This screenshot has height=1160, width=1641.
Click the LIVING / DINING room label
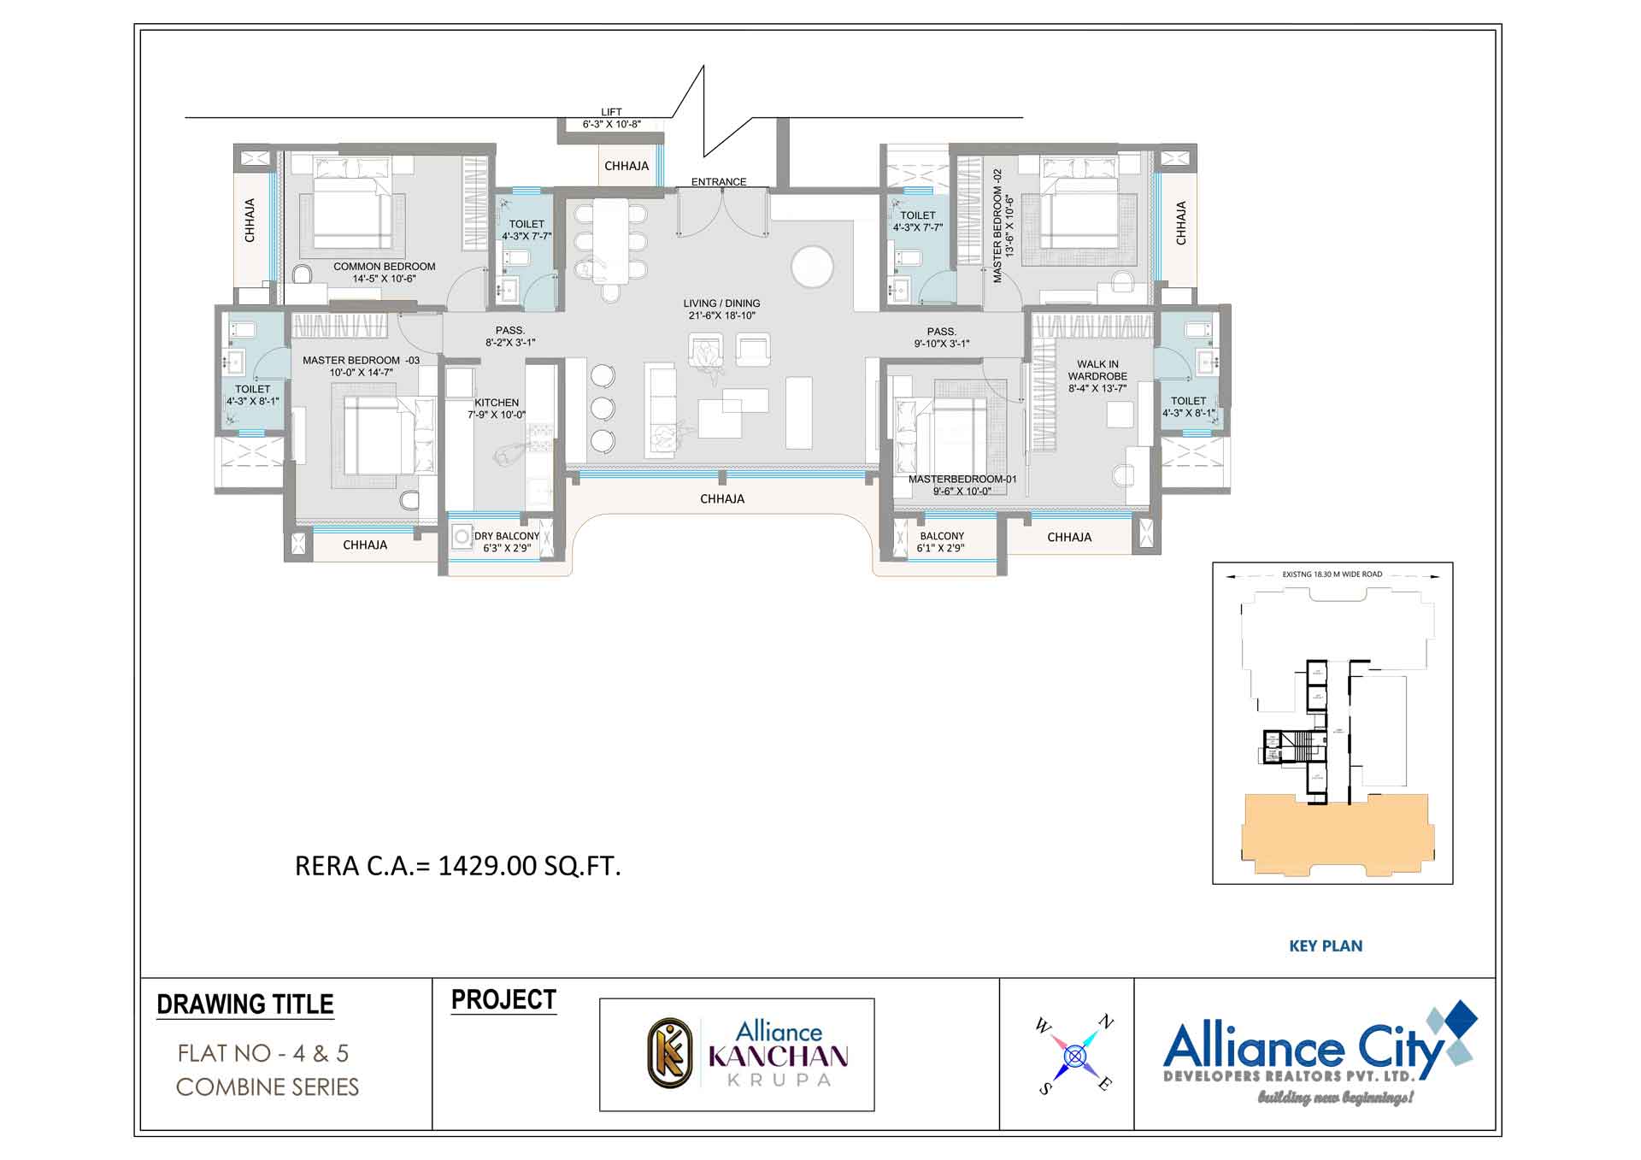click(x=721, y=309)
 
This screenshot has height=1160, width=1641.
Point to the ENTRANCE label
click(x=719, y=182)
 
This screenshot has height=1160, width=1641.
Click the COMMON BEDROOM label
click(x=385, y=272)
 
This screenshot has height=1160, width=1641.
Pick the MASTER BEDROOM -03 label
click(x=361, y=366)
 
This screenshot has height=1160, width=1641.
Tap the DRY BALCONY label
click(x=506, y=542)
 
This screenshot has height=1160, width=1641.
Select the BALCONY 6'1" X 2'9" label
click(x=941, y=542)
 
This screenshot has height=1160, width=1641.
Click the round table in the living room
click(x=812, y=267)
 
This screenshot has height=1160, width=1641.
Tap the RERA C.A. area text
click(x=457, y=866)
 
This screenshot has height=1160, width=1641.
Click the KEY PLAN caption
click(x=1326, y=946)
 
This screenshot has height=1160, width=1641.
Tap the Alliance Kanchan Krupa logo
click(x=737, y=1055)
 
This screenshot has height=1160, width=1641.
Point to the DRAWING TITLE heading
click(x=245, y=1004)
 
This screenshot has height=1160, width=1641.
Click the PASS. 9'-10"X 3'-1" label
click(x=941, y=338)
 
